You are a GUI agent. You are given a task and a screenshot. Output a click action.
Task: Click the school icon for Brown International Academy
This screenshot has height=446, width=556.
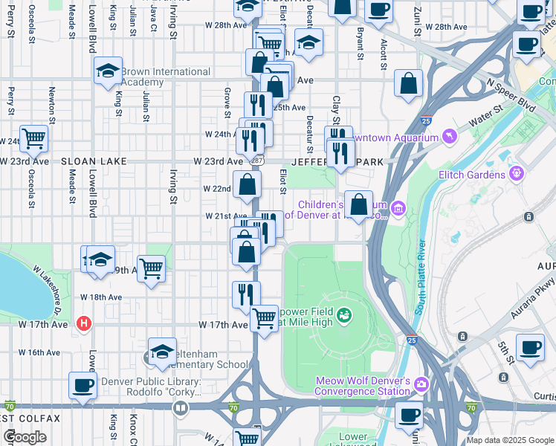point(108,71)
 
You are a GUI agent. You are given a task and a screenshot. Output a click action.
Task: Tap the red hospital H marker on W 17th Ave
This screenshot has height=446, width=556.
point(84,324)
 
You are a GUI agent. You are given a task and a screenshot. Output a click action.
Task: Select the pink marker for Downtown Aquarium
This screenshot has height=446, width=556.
point(448,137)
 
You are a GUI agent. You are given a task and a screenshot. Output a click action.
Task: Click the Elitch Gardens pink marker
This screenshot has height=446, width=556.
point(517,175)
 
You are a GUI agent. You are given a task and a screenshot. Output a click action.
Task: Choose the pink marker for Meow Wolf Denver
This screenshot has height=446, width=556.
point(421,384)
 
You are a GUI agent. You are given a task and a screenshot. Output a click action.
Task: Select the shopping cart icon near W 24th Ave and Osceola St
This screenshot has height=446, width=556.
point(34,138)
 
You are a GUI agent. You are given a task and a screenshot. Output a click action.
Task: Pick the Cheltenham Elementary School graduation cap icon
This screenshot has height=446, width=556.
point(161,352)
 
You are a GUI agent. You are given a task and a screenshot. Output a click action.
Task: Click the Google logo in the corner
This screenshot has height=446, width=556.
point(25,436)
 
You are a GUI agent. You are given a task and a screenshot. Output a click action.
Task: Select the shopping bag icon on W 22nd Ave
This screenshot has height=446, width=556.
point(247,184)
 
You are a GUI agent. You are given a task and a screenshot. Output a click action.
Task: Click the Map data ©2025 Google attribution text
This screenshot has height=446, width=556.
point(510,440)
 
